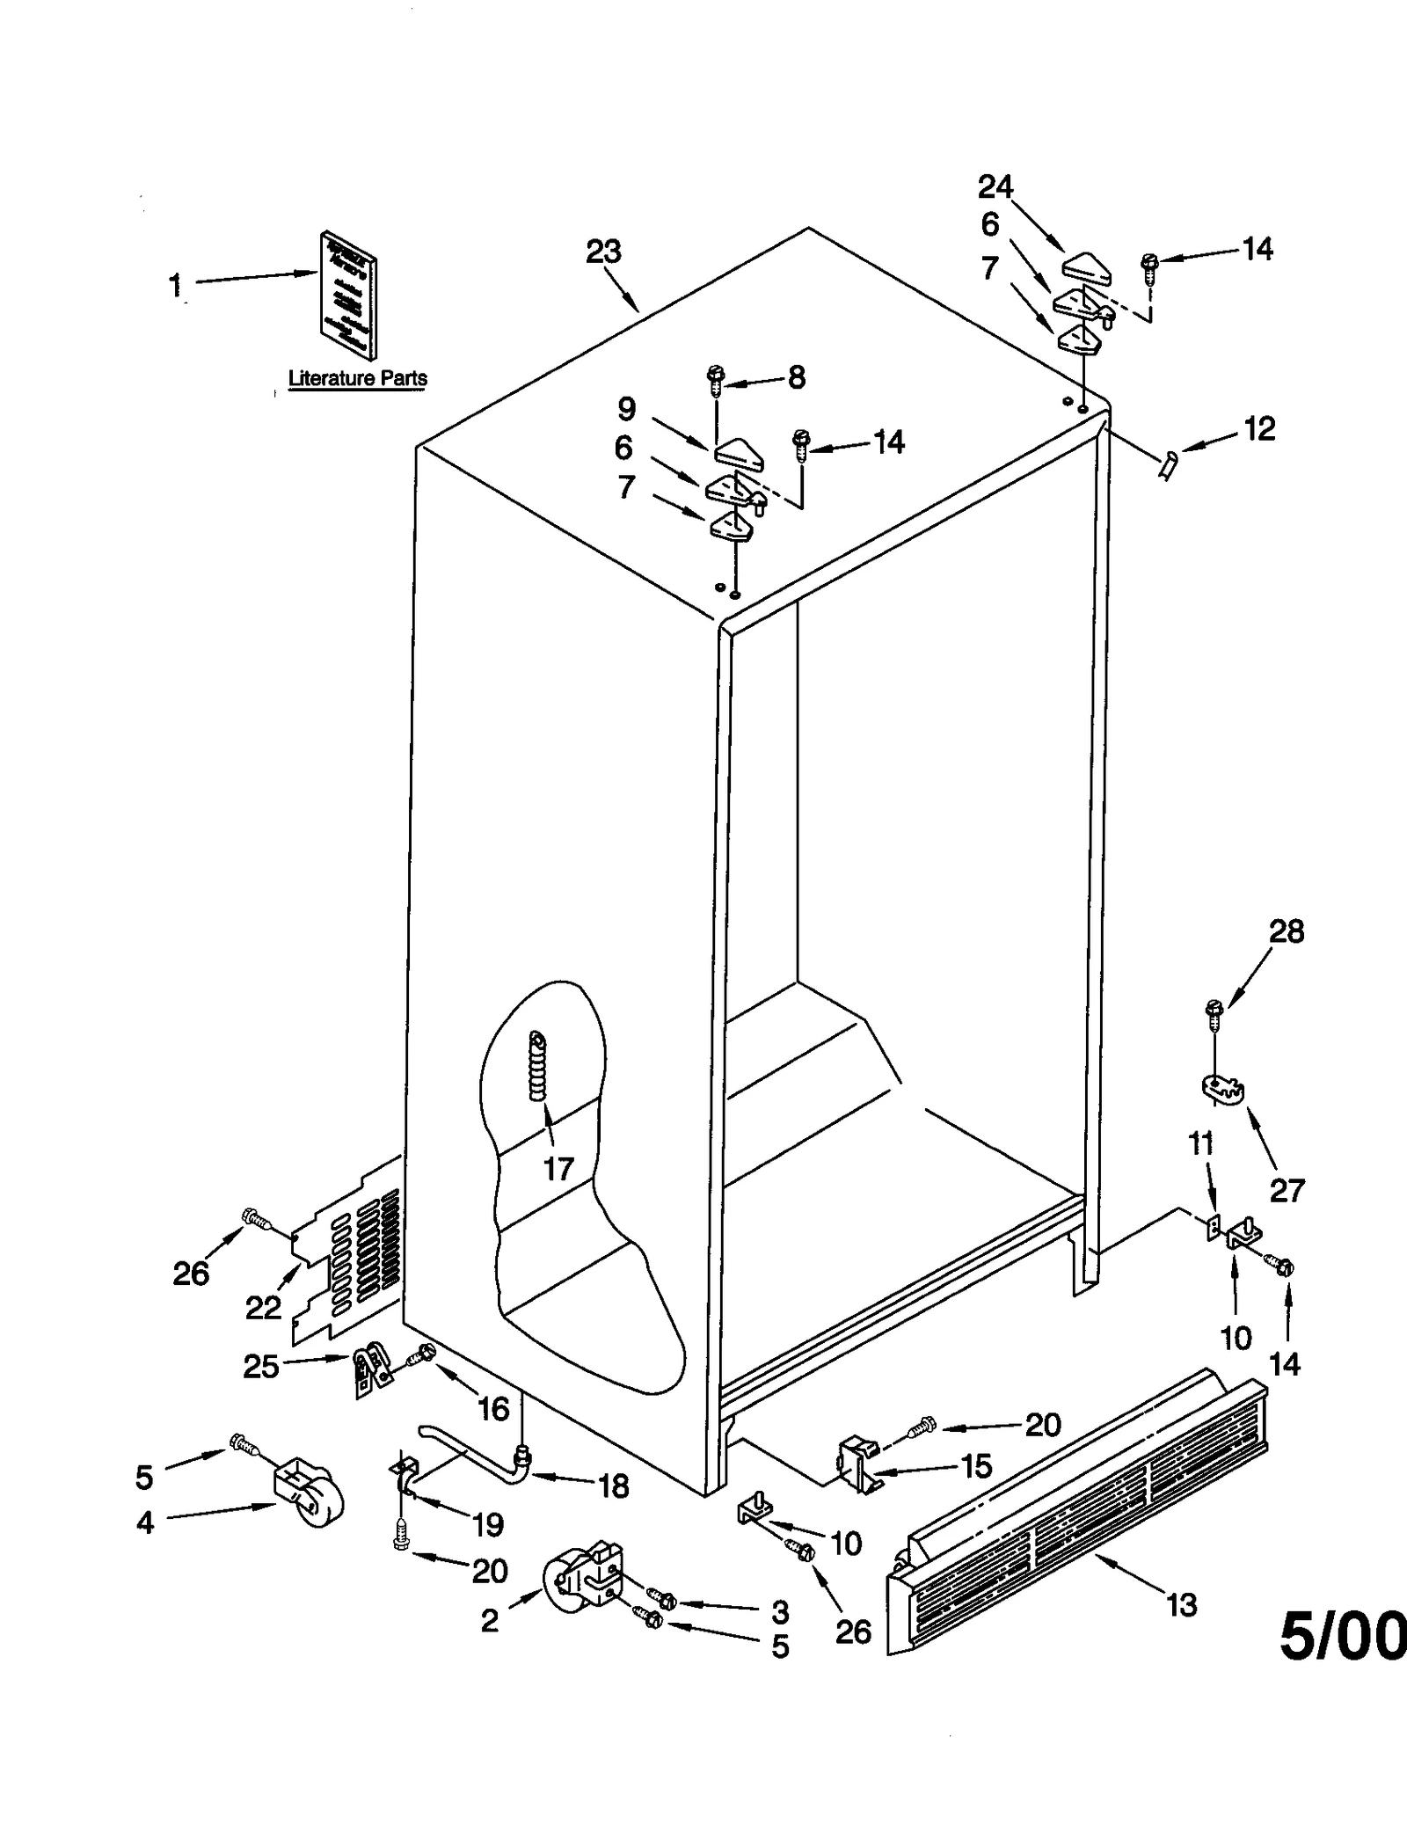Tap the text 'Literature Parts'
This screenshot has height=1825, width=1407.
[358, 379]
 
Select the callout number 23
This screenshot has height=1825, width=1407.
[603, 252]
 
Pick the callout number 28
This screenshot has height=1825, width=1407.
[1287, 931]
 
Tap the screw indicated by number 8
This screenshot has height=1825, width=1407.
[714, 381]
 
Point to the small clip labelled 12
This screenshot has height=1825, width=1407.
[1167, 465]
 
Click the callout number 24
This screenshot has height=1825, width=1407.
[995, 187]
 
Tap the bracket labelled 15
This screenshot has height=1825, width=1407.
[857, 1464]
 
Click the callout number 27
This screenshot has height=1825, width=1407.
[1287, 1190]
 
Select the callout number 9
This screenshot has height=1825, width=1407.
[627, 409]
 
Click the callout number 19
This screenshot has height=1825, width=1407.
[488, 1524]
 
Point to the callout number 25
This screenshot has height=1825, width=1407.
[260, 1366]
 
